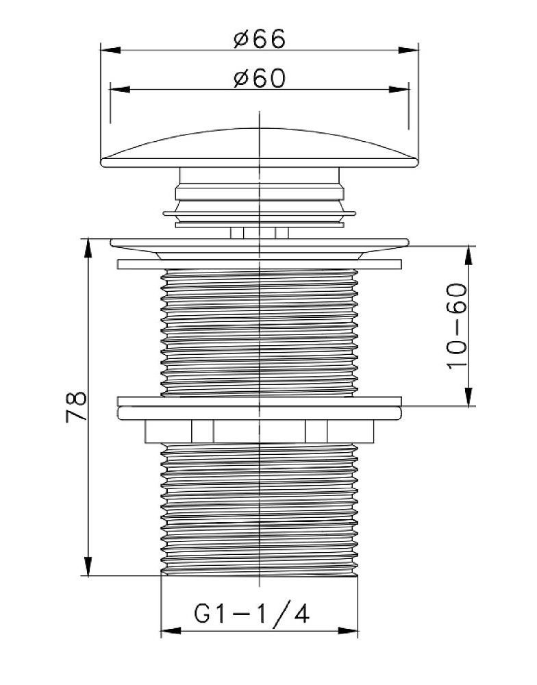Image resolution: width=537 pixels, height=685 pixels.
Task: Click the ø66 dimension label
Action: pos(260,39)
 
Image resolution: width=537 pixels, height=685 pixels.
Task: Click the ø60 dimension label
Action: pos(260,78)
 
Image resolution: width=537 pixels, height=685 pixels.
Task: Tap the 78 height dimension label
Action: pos(77,407)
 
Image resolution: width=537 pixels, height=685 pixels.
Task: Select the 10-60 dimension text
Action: pos(457,326)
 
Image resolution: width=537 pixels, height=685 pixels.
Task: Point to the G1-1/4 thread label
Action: pos(251,613)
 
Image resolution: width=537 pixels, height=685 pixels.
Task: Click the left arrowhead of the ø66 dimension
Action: pos(110,50)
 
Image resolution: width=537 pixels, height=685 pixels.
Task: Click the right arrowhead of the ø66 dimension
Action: pos(408,50)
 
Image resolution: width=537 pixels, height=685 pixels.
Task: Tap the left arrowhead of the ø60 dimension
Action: pos(120,90)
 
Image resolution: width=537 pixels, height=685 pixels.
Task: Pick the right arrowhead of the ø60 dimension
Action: pos(399,90)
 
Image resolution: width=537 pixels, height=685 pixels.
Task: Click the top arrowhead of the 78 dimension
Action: pos(88,248)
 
